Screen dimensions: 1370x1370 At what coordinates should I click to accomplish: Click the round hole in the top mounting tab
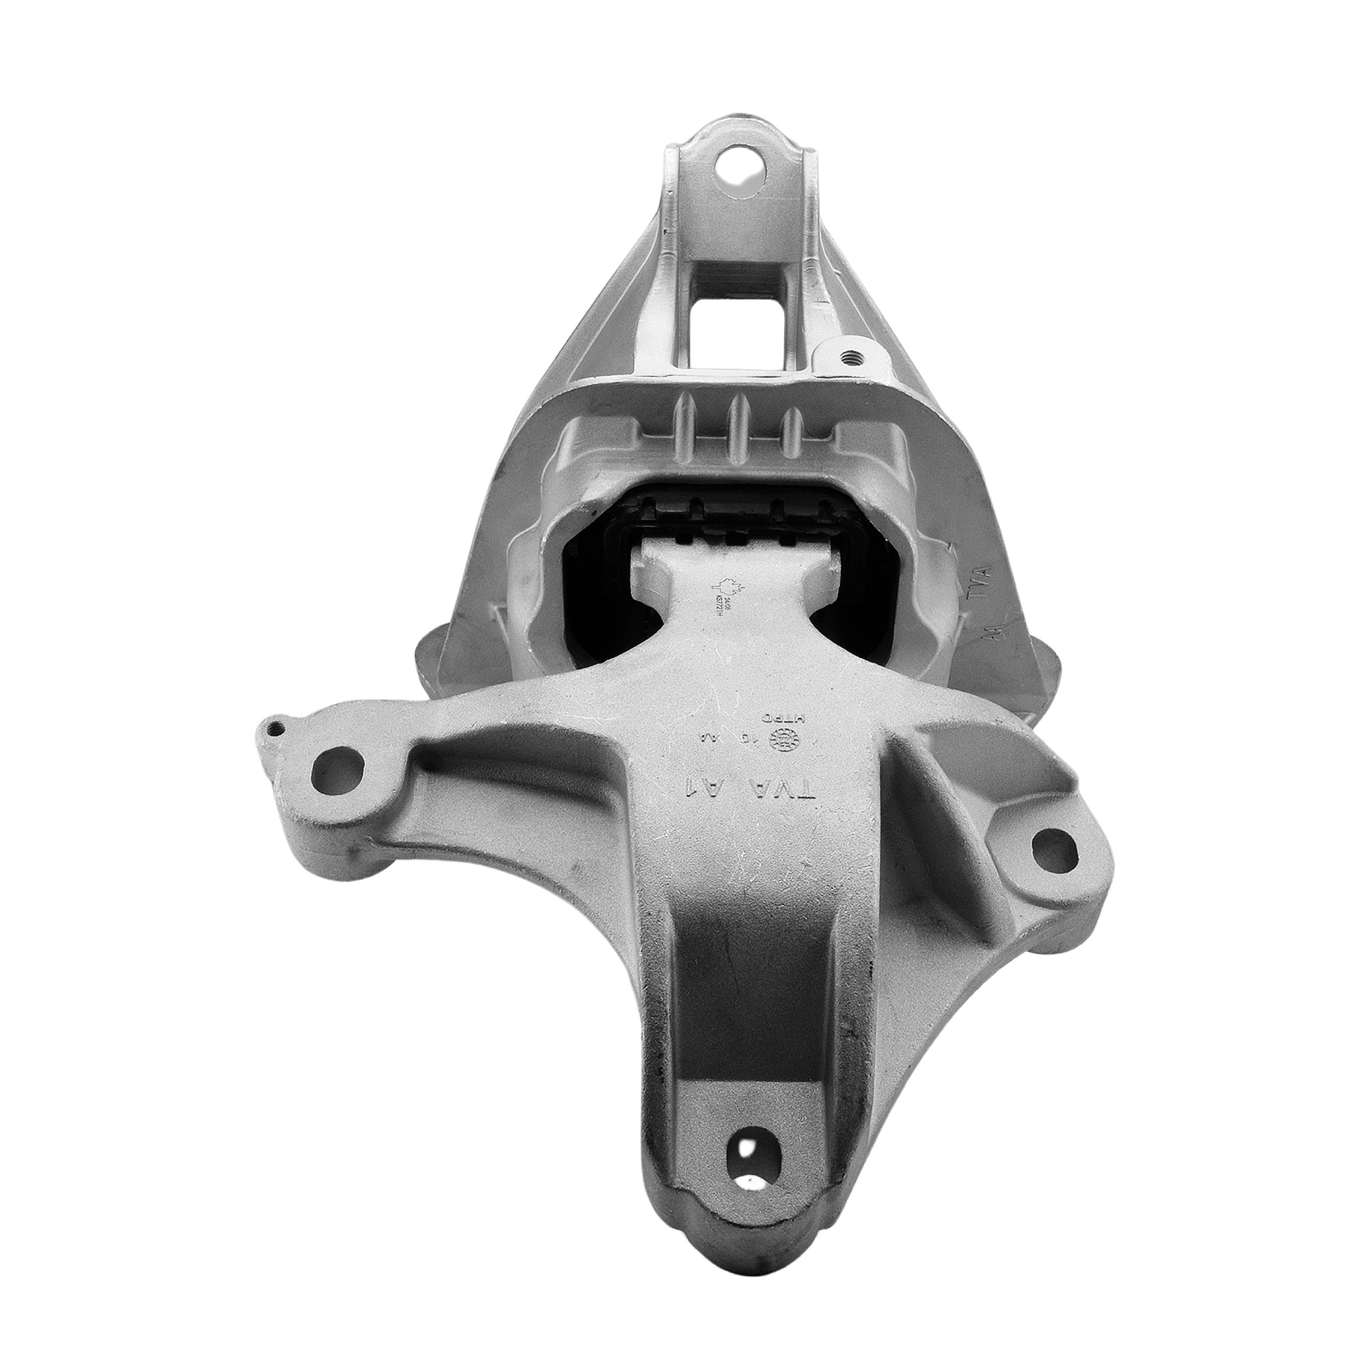coord(739,172)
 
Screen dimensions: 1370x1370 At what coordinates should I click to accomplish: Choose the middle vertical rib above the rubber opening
coord(737,430)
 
